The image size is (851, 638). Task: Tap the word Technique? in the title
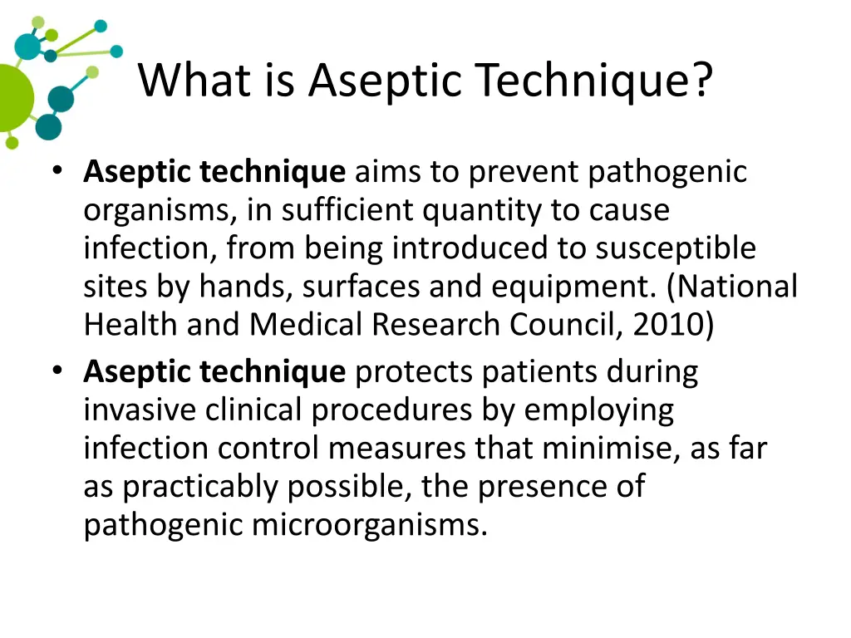click(595, 81)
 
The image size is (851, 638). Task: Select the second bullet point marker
click(57, 371)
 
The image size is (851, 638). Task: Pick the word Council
click(564, 325)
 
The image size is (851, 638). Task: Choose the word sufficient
click(347, 210)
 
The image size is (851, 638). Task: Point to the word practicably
click(201, 487)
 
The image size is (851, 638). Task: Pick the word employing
click(599, 410)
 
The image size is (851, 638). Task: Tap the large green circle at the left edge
click(12, 98)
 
